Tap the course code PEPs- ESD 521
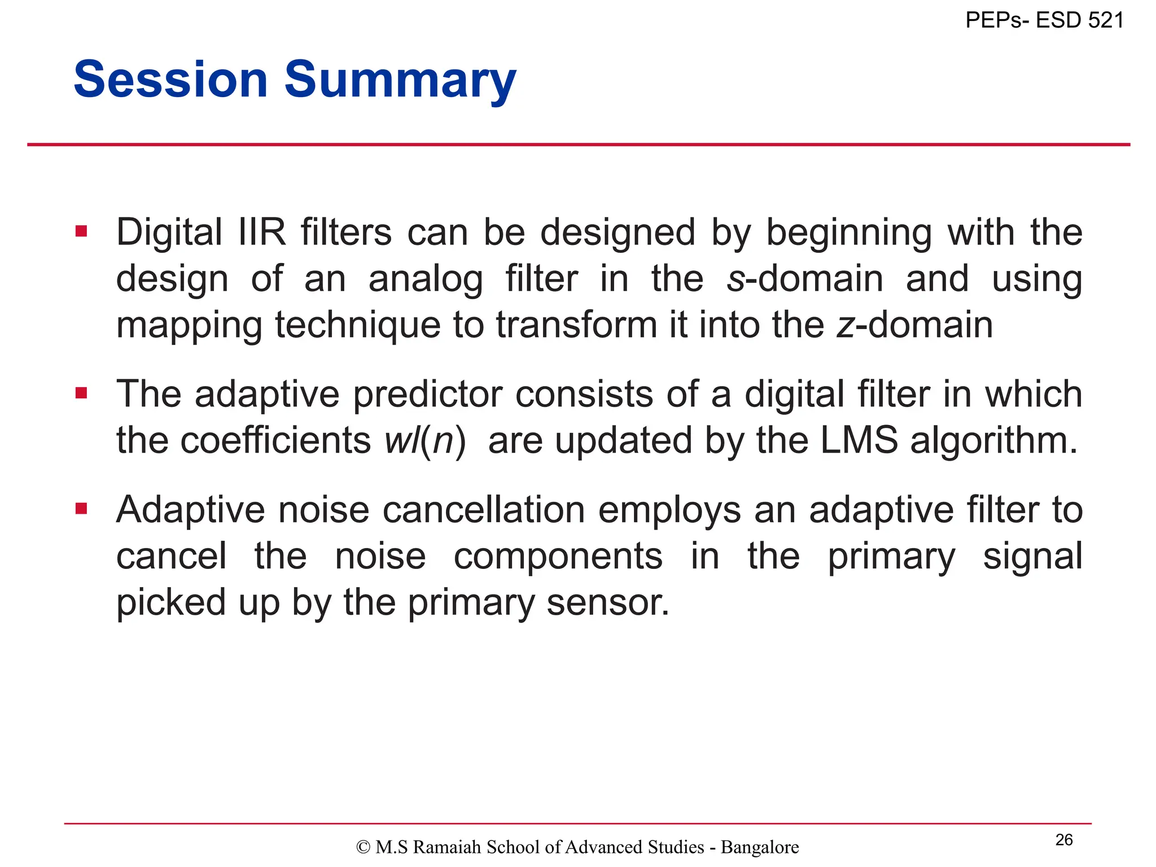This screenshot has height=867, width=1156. pyautogui.click(x=1044, y=20)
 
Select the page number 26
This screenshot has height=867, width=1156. pyautogui.click(x=1064, y=840)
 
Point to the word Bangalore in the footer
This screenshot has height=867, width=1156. pyautogui.click(x=760, y=847)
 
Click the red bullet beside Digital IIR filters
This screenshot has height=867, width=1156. pyautogui.click(x=81, y=231)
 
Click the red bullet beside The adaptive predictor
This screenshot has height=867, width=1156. pyautogui.click(x=81, y=392)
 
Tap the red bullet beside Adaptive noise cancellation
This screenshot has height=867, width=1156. pyautogui.click(x=81, y=509)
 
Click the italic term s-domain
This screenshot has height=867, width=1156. pyautogui.click(x=804, y=279)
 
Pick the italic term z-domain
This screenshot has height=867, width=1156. pyautogui.click(x=914, y=325)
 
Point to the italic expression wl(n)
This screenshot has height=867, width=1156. pyautogui.click(x=424, y=441)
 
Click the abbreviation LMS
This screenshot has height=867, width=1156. pyautogui.click(x=858, y=441)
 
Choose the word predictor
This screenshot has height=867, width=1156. pyautogui.click(x=427, y=395)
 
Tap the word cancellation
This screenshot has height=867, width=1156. pyautogui.click(x=484, y=510)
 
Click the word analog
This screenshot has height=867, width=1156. pyautogui.click(x=426, y=280)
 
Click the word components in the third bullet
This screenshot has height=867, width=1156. pyautogui.click(x=558, y=557)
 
